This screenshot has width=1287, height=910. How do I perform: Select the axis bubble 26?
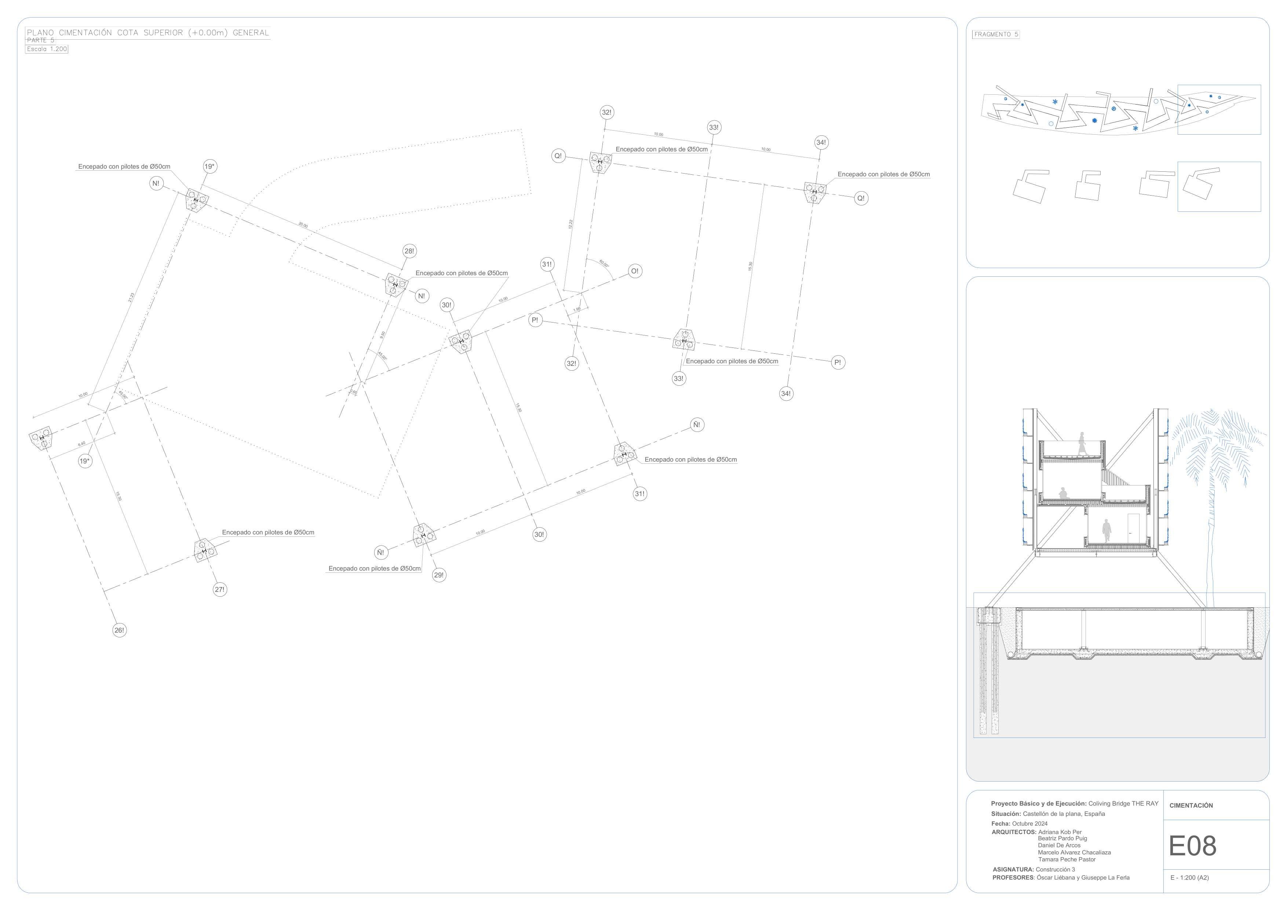click(x=119, y=630)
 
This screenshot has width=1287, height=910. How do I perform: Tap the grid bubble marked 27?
click(x=220, y=589)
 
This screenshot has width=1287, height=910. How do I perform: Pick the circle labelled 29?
click(x=439, y=575)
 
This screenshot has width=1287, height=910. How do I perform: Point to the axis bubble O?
click(x=635, y=271)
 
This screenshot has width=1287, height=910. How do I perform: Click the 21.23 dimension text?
click(x=132, y=298)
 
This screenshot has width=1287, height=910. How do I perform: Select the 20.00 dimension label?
click(x=303, y=225)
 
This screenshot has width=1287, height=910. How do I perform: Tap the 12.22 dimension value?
click(x=570, y=224)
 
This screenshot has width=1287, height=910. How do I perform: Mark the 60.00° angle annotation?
click(x=604, y=263)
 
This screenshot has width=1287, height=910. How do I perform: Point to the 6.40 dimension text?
click(x=82, y=444)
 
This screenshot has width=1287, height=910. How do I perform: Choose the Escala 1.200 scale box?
click(x=47, y=49)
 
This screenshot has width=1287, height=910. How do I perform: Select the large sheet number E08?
click(x=1192, y=846)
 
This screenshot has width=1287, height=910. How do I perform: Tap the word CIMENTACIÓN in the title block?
click(x=1191, y=806)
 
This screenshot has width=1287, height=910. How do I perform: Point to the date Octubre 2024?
click(x=1030, y=824)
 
